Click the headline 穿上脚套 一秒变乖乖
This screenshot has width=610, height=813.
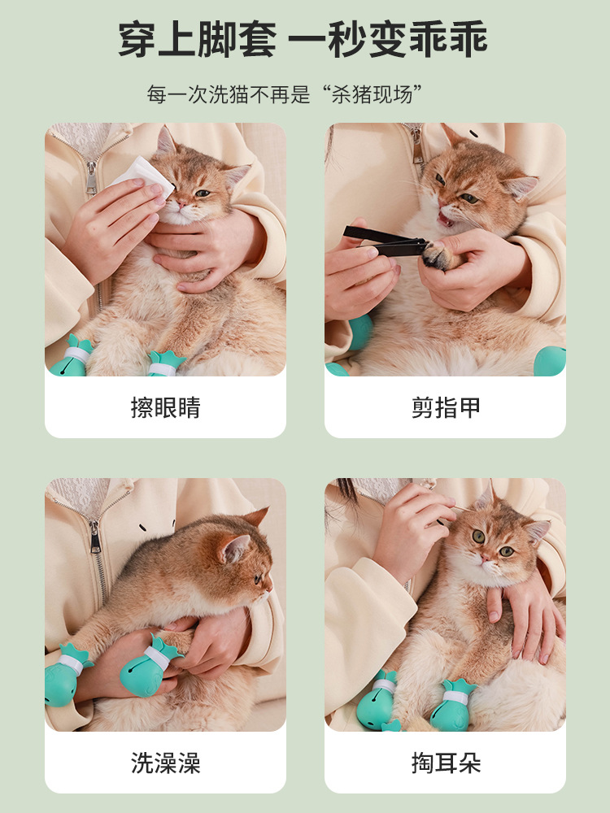coord(303,40)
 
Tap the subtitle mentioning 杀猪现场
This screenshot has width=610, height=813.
coord(285,93)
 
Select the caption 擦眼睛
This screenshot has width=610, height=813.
coord(165,407)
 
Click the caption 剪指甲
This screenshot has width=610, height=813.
coord(445,407)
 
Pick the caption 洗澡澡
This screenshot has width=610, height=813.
coord(165,763)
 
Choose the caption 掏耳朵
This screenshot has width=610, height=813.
coord(445,763)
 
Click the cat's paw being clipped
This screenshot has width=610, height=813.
coord(438,255)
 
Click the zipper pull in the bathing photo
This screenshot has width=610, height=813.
coord(95,538)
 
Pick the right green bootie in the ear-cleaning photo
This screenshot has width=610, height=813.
coord(452,709)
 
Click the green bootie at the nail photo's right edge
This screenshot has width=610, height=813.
coord(551,360)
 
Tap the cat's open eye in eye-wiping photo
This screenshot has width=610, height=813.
coord(201,193)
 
